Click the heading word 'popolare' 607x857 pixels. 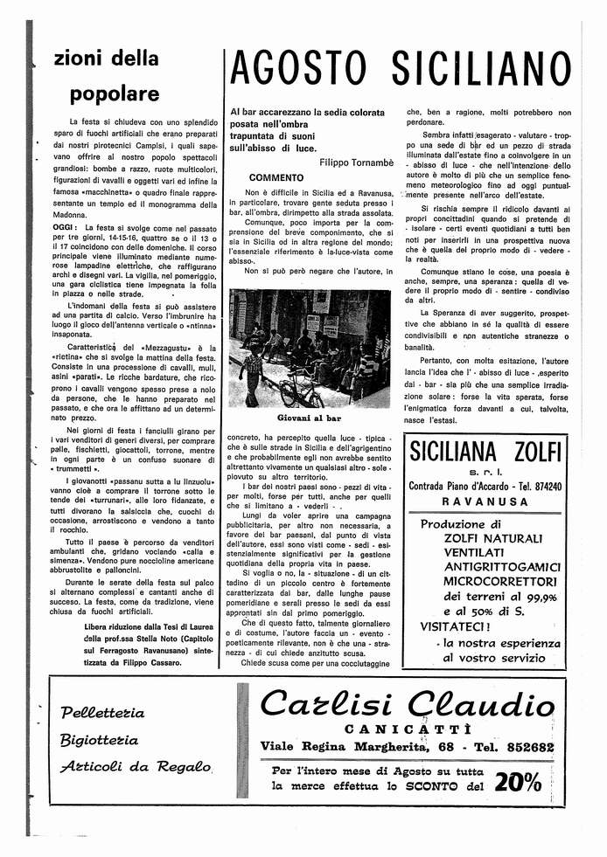pyautogui.click(x=115, y=93)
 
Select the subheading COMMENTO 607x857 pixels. pyautogui.click(x=276, y=177)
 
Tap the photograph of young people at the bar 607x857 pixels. pyautogui.click(x=310, y=348)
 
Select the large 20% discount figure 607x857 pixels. pyautogui.click(x=517, y=783)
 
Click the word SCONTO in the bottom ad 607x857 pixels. pyautogui.click(x=424, y=786)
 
